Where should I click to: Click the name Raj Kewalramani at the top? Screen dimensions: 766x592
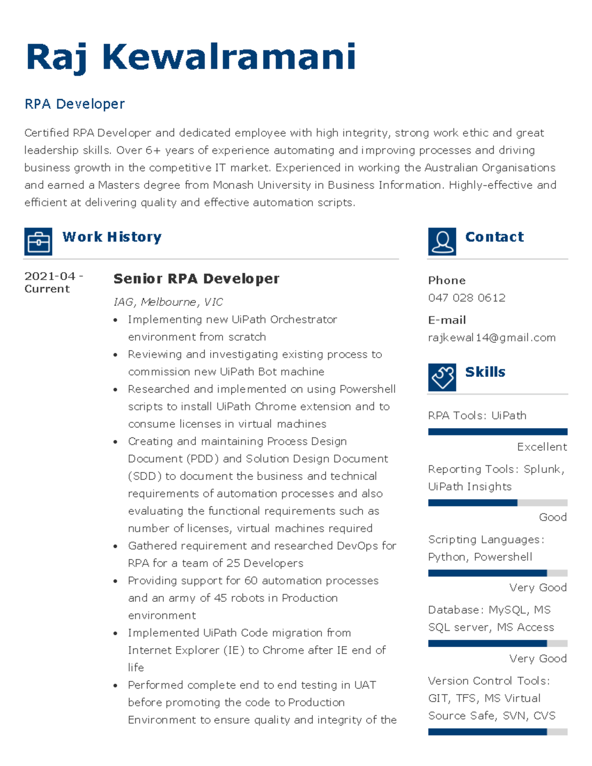tap(190, 57)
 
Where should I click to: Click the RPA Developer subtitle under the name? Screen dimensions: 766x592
tap(74, 104)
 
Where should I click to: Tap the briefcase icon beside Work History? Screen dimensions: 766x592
tap(38, 242)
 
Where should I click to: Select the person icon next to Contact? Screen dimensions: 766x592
tap(442, 242)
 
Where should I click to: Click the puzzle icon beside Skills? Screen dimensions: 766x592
tap(442, 377)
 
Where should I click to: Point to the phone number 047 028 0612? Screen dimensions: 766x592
tap(467, 298)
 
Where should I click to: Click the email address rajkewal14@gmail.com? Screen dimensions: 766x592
tap(492, 338)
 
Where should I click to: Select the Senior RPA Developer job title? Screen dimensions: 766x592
tap(196, 279)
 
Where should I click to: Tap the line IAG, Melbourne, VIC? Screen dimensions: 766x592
tap(168, 302)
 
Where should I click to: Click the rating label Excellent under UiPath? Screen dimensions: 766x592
tap(542, 447)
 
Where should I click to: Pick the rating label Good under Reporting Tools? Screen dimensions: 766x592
tap(553, 517)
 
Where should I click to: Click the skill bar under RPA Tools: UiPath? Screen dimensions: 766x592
tap(498, 432)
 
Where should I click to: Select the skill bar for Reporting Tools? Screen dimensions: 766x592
tap(498, 503)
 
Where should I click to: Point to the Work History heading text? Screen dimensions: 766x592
tap(112, 237)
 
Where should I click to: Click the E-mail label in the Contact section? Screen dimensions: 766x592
tap(447, 321)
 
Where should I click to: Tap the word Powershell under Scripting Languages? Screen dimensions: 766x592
tap(503, 557)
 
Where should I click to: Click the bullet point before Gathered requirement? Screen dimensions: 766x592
tap(115, 547)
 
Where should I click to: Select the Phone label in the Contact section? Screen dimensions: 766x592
tap(447, 281)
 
